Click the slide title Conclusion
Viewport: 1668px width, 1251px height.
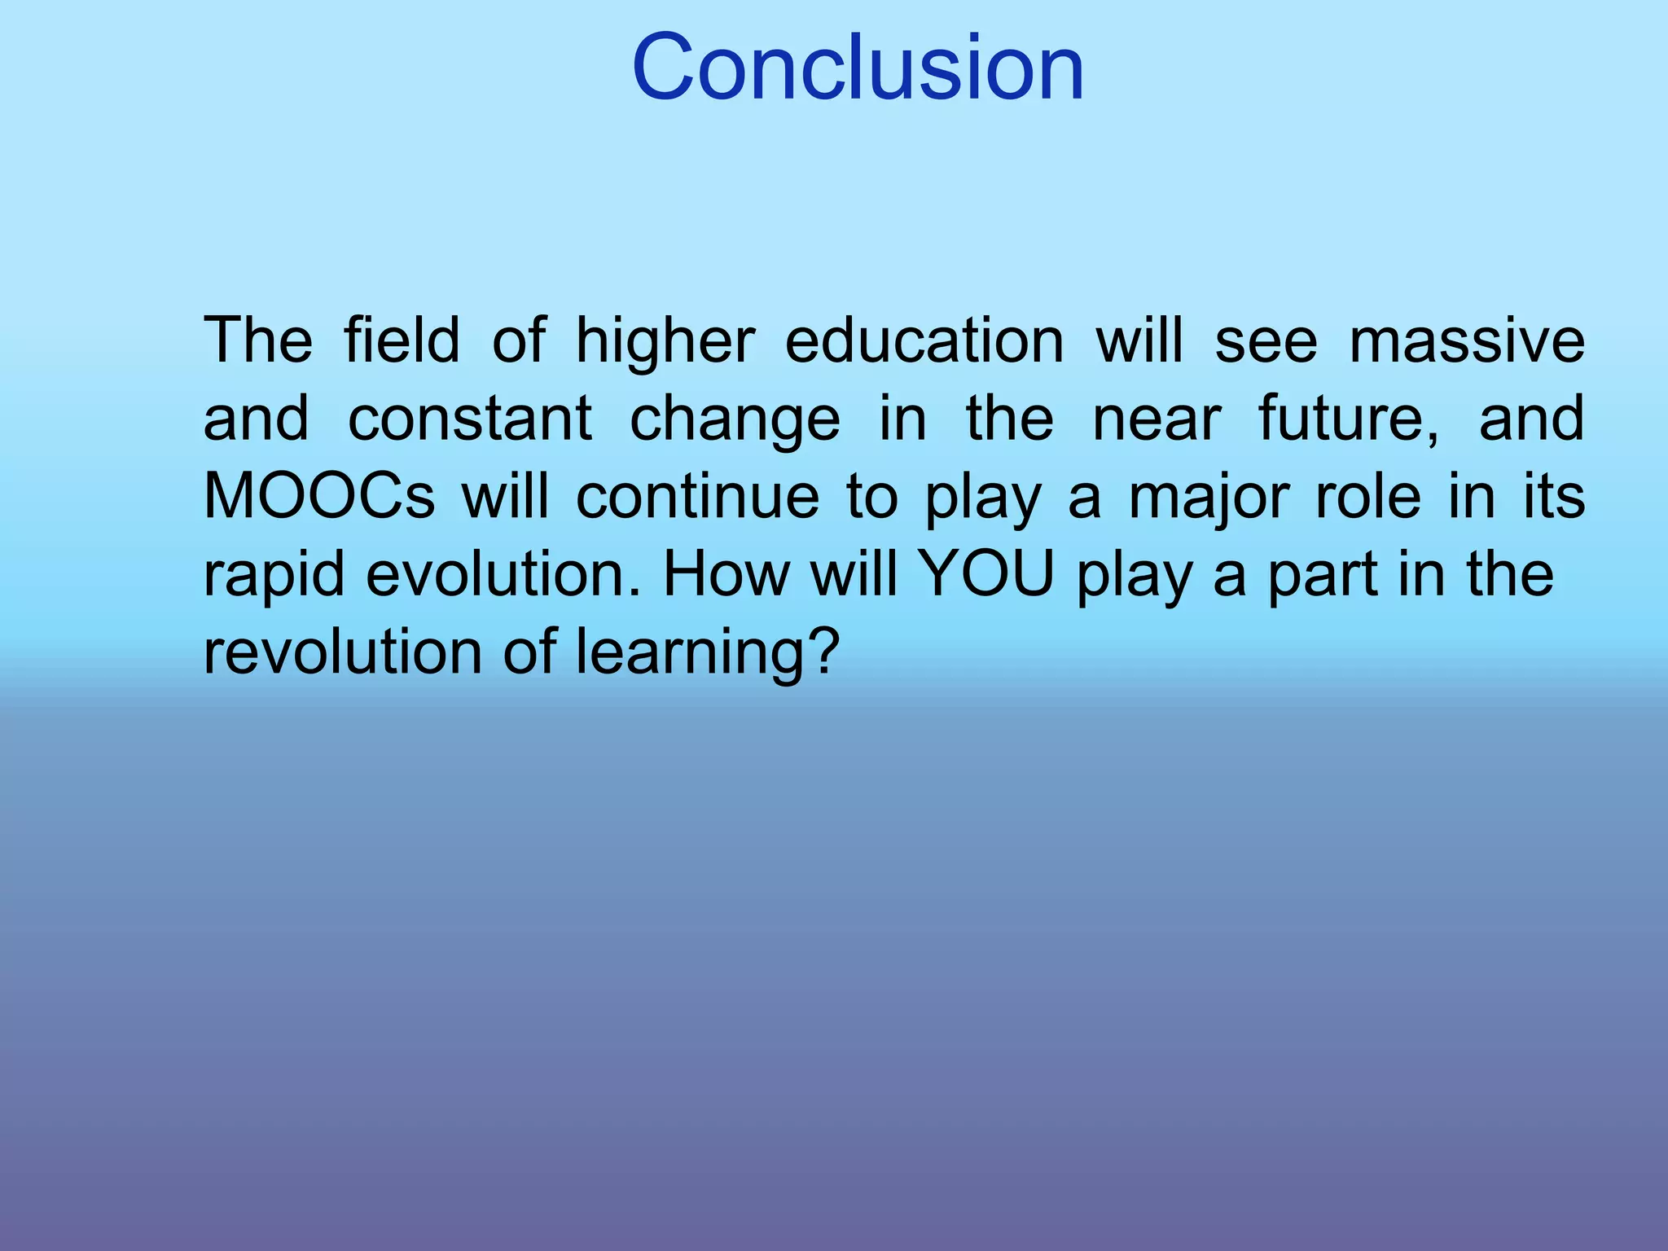(x=858, y=68)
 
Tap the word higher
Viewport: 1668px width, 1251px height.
(x=665, y=340)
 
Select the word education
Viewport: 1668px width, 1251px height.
(x=924, y=340)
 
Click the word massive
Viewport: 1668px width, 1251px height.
(x=1467, y=340)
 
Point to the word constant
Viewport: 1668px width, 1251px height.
(x=470, y=419)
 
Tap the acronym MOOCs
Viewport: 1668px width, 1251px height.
(x=318, y=496)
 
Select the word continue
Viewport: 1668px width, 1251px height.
(x=697, y=496)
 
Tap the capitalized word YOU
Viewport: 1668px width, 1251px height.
(x=986, y=574)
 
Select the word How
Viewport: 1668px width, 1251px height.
(x=726, y=574)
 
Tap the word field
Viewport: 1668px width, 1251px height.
(x=402, y=340)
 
